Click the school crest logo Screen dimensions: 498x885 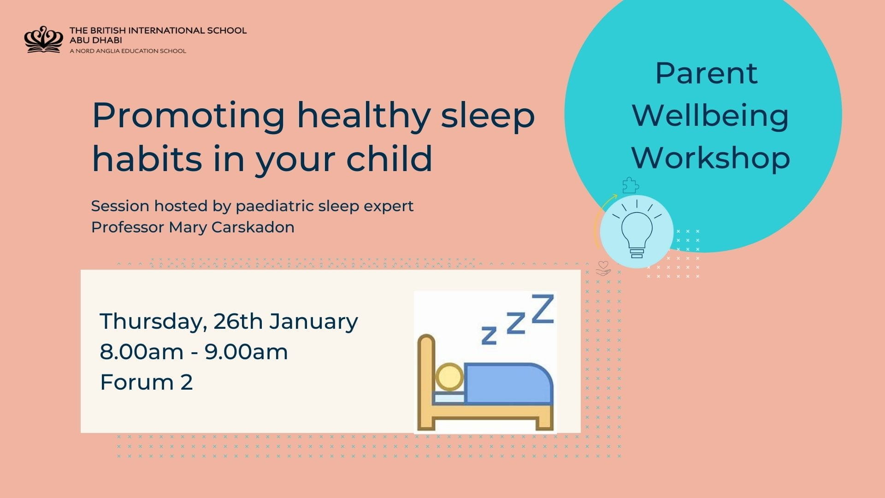(43, 40)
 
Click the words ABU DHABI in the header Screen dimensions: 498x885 (96, 40)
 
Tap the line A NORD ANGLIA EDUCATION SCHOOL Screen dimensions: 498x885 (128, 51)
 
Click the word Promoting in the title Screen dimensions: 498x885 (189, 115)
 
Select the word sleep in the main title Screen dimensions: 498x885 (488, 115)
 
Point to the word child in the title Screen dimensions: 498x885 (389, 158)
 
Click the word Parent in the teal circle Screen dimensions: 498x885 (706, 73)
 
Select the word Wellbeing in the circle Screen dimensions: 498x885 (710, 115)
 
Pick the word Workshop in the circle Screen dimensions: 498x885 (710, 158)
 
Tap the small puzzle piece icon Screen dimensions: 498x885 (631, 185)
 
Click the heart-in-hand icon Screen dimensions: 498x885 (603, 268)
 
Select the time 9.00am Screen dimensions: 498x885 (246, 352)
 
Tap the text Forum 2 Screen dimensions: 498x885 (146, 382)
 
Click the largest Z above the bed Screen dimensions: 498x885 (543, 309)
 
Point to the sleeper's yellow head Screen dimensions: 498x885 (449, 377)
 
